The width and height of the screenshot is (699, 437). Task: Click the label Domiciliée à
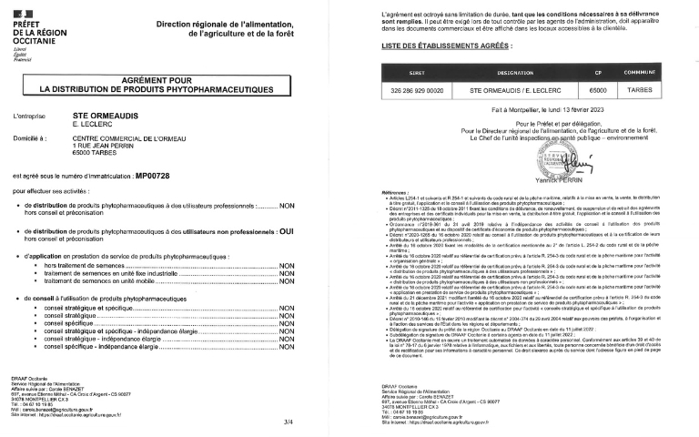point(30,138)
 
